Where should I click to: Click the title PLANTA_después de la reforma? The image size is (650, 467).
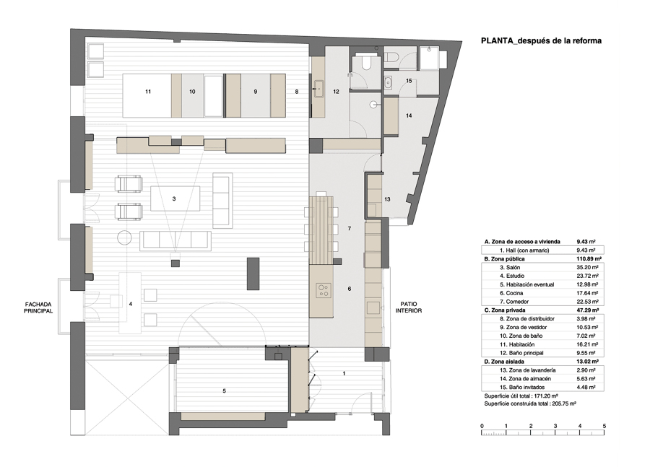541,40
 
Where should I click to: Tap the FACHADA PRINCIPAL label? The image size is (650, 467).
38,307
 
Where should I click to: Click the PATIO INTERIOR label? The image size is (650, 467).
408,307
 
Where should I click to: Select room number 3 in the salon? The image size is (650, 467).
174,199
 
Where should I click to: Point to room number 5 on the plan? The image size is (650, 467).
225,390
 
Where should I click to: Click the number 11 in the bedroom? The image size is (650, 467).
148,92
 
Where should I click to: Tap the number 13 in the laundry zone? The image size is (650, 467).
387,199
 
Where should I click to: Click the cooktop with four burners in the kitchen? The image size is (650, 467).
324,290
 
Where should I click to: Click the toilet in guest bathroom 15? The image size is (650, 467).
391,57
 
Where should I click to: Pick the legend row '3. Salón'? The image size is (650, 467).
510,268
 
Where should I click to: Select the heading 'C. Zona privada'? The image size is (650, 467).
505,310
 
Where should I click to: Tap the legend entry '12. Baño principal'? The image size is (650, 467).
521,353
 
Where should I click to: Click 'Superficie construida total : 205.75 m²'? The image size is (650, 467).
530,403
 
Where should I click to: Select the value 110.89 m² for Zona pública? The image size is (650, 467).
589,259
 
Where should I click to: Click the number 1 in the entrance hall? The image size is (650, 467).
344,373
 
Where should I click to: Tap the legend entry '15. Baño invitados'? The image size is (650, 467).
522,388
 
